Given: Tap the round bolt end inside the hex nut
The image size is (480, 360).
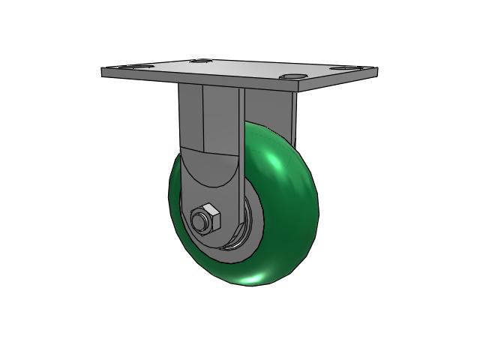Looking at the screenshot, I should click(200, 221).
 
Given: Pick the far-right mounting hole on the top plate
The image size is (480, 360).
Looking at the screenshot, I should click(343, 68).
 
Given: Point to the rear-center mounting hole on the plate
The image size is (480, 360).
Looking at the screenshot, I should click(199, 61).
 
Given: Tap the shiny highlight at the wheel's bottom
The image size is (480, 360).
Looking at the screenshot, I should click(259, 278).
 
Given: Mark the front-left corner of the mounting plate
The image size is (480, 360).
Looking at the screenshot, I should click(103, 73).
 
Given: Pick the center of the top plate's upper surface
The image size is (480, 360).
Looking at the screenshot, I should click(240, 67).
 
